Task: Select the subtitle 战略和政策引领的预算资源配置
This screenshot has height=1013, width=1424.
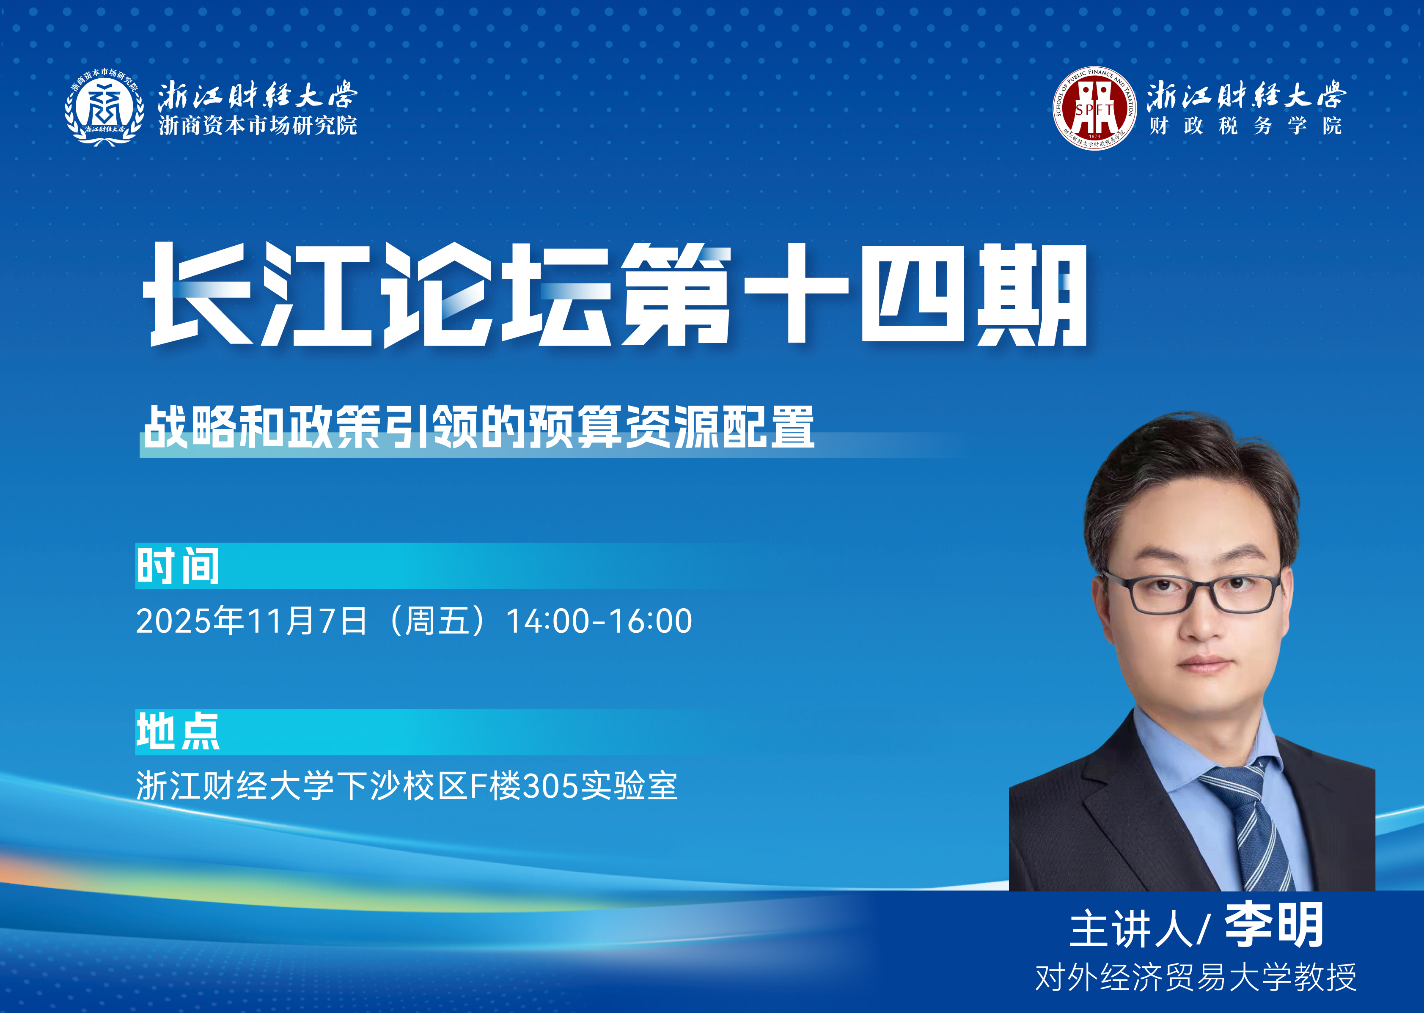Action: [478, 427]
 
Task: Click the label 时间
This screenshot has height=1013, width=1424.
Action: [178, 566]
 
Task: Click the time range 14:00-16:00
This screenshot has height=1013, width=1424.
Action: [599, 621]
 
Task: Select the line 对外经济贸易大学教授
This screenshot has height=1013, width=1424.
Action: [1196, 977]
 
